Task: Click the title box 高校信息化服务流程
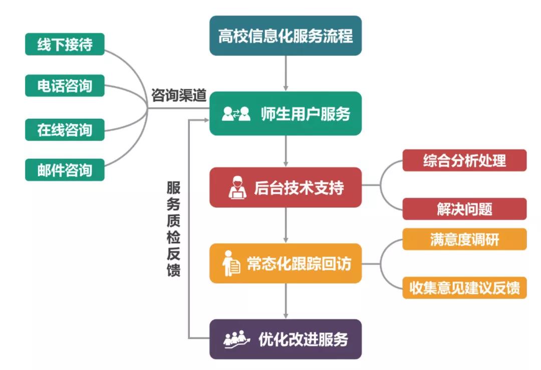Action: pos(285,36)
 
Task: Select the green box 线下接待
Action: pos(65,45)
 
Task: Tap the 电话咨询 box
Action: pos(65,86)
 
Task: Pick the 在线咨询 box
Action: pos(65,129)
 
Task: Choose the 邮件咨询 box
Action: pos(65,169)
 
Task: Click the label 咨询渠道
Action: pos(179,95)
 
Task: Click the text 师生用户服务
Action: pos(305,114)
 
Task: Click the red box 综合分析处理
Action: pos(464,160)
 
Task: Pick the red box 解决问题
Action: pos(464,209)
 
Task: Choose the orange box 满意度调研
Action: pos(464,239)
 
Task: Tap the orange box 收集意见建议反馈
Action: pos(464,288)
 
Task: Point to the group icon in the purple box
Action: pos(235,339)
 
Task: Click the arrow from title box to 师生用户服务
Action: pos(286,73)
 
